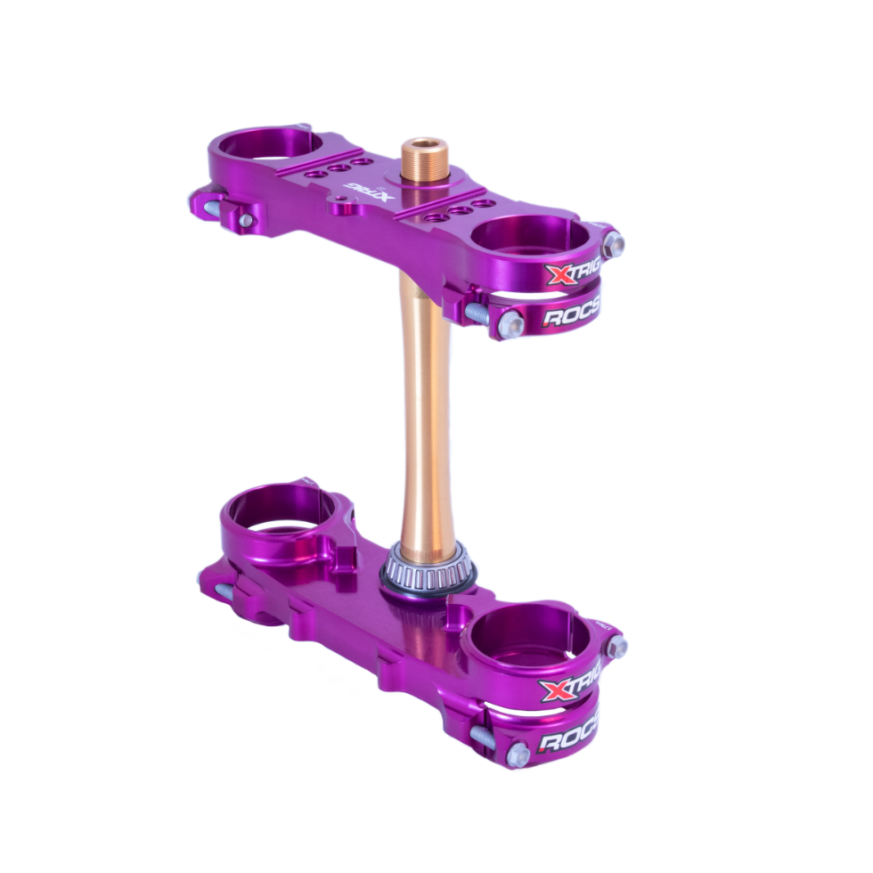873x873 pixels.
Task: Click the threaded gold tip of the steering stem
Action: click(x=425, y=159)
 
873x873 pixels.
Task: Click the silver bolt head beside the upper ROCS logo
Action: click(x=510, y=324)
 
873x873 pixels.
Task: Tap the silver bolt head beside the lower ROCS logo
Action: click(x=518, y=755)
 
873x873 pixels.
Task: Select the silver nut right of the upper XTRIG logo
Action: click(x=613, y=243)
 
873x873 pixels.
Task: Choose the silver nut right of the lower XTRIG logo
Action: click(x=616, y=647)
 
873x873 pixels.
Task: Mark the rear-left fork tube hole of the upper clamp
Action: click(x=258, y=144)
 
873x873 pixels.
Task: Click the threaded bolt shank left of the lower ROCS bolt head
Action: click(x=484, y=737)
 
